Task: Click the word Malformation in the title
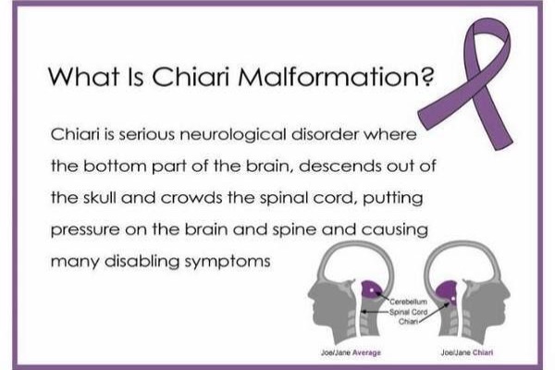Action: (336, 76)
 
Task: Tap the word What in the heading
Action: (83, 76)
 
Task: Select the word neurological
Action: (233, 134)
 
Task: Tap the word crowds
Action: (191, 198)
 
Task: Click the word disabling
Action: (142, 262)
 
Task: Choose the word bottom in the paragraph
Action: (115, 166)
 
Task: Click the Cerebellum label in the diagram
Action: (409, 302)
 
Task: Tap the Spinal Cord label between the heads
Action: (409, 312)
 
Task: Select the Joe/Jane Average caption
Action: (351, 352)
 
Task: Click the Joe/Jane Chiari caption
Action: (467, 352)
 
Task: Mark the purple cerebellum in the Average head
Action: (372, 290)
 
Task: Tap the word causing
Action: (395, 230)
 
